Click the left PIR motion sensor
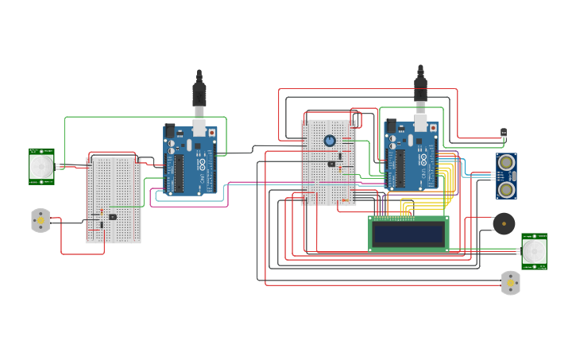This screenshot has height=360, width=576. point(41,166)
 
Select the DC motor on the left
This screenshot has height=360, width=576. point(41,220)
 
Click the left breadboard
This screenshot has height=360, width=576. point(113,199)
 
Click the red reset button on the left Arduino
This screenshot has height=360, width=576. point(211,133)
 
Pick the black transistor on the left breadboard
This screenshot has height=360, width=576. point(113,216)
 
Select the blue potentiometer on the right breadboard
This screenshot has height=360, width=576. point(330,141)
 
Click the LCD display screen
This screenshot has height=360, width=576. point(409,233)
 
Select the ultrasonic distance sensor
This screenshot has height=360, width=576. point(506,176)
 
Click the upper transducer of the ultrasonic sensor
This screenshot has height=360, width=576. point(506,163)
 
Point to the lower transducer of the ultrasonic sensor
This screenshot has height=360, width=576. point(506,189)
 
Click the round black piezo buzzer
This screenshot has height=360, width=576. point(504,224)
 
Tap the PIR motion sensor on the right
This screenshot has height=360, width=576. point(534,251)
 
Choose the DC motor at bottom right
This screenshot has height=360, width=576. point(511,282)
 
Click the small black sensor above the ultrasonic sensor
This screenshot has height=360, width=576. point(504,133)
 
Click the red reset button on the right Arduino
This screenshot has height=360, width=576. point(432,128)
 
